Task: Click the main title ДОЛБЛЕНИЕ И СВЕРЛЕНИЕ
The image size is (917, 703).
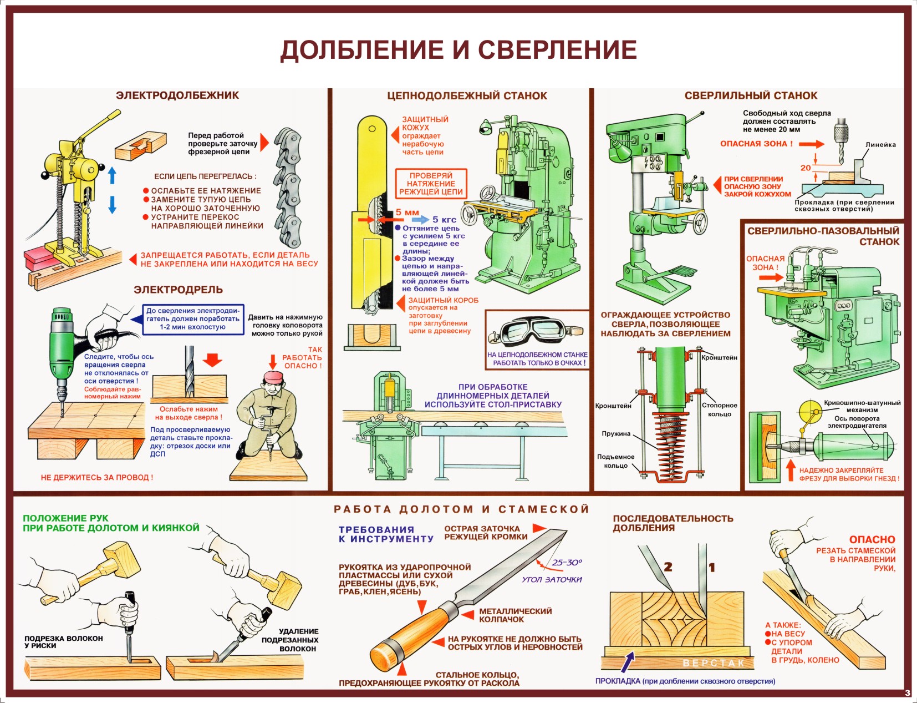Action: (458, 50)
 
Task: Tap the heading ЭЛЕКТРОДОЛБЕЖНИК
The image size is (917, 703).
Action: (177, 95)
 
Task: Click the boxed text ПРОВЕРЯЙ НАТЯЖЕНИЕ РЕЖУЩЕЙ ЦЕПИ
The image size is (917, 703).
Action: (431, 184)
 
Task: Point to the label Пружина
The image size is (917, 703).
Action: (616, 434)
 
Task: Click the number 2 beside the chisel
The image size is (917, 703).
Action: (668, 567)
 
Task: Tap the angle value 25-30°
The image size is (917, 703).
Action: (567, 563)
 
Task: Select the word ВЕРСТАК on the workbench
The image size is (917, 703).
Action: (713, 663)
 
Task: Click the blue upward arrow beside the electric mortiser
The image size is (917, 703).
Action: (113, 175)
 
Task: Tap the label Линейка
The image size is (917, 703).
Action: (880, 145)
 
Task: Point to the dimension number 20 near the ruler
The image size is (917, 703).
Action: (806, 168)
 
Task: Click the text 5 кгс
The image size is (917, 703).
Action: (444, 220)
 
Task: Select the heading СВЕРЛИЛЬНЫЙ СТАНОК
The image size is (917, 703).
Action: (751, 95)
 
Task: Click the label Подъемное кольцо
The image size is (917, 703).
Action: (615, 461)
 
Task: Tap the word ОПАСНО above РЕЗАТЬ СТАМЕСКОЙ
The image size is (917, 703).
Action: (872, 539)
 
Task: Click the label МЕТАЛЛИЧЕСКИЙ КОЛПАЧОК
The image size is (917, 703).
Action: (515, 615)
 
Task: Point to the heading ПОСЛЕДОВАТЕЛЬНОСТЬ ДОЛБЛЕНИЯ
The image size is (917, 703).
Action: (673, 523)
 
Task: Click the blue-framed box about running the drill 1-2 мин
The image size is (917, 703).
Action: (193, 319)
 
